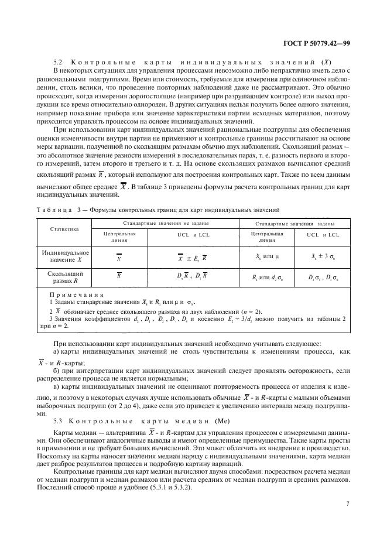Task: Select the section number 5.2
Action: [59, 62]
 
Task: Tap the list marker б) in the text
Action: [57, 371]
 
